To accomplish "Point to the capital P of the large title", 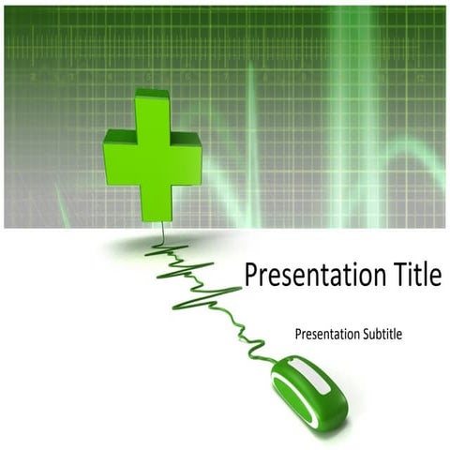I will pos(251,276).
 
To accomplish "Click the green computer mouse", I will pos(309,392).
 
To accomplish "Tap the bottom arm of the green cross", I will pos(153,202).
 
